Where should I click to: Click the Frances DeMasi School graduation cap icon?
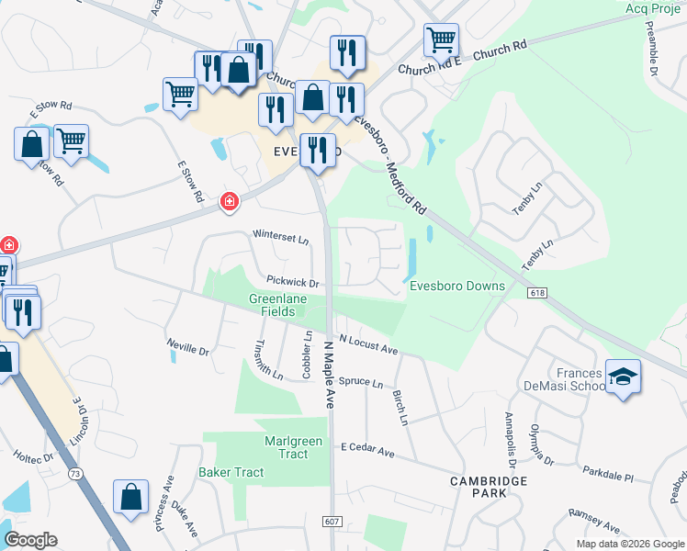pyautogui.click(x=624, y=377)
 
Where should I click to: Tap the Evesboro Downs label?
pyautogui.click(x=456, y=286)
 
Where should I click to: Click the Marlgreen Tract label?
pyautogui.click(x=293, y=447)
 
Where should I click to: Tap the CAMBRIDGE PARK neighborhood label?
pyautogui.click(x=489, y=487)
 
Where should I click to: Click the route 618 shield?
pyautogui.click(x=538, y=292)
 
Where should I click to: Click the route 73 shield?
pyautogui.click(x=74, y=473)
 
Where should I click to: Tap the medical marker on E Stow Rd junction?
pyautogui.click(x=229, y=201)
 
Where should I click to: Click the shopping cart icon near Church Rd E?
pyautogui.click(x=441, y=39)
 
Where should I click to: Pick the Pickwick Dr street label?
pyautogui.click(x=293, y=283)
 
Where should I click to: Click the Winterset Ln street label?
pyautogui.click(x=282, y=237)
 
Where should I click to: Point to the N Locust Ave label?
pyautogui.click(x=367, y=344)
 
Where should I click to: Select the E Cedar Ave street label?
pyautogui.click(x=367, y=451)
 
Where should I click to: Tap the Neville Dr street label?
pyautogui.click(x=188, y=348)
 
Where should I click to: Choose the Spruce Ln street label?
pyautogui.click(x=360, y=381)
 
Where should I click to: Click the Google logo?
pyautogui.click(x=31, y=539)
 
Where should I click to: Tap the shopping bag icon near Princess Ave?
pyautogui.click(x=131, y=496)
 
